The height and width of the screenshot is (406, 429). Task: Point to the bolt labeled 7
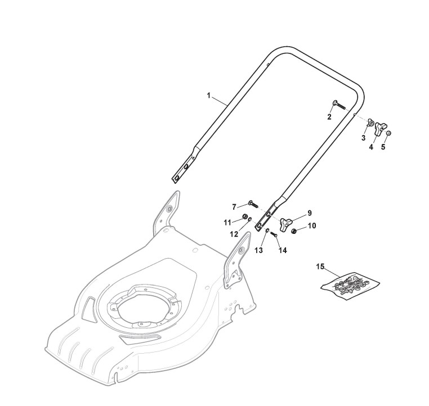[x=251, y=204]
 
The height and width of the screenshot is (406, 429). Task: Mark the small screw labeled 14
[x=274, y=234]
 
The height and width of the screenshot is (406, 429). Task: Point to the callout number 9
[x=309, y=213]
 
